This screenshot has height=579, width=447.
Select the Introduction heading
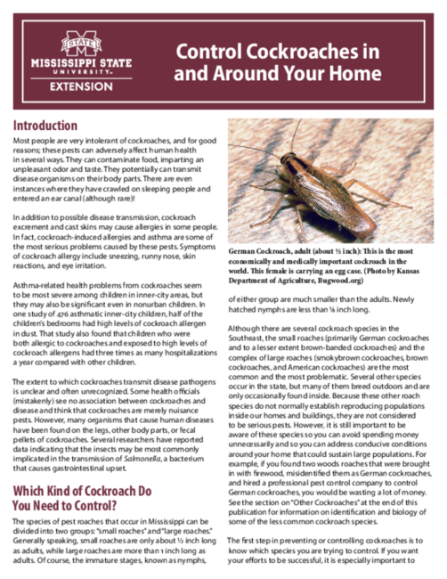51,126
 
